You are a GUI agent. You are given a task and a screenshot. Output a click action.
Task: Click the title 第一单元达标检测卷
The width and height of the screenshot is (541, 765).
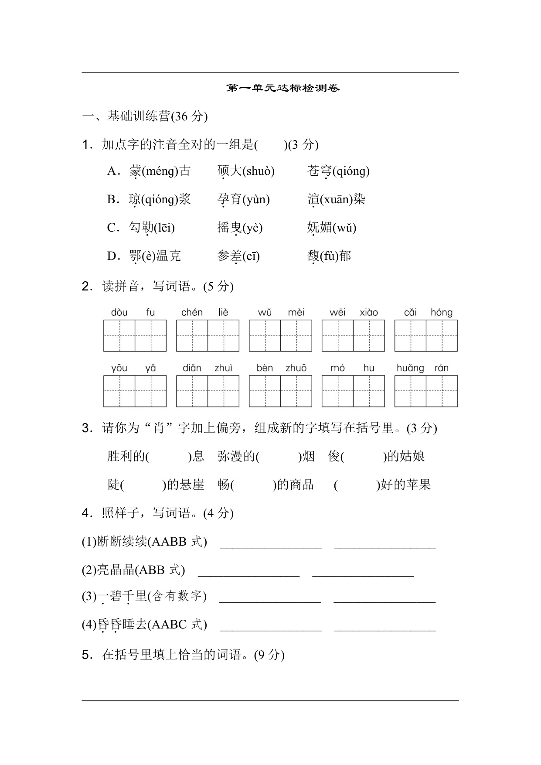[283, 88]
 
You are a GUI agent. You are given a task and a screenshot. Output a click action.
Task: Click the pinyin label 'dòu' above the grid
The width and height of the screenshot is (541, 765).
[119, 312]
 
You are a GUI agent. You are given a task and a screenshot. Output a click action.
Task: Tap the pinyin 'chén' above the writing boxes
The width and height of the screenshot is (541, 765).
[192, 312]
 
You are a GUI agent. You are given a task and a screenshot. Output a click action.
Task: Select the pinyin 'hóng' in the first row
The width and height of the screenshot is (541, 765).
[441, 312]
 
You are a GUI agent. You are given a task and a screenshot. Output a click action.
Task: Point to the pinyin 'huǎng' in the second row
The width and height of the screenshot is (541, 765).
[410, 368]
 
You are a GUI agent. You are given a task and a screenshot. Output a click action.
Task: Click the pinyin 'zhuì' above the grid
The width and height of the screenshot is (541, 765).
[223, 368]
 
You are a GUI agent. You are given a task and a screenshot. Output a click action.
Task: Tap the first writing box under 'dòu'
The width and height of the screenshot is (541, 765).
[119, 335]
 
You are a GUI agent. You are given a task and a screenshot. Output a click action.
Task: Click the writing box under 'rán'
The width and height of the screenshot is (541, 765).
[442, 391]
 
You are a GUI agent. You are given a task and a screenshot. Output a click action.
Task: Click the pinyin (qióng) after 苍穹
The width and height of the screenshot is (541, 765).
[351, 171]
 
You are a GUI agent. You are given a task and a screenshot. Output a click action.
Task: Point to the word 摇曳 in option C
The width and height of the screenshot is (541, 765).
[229, 227]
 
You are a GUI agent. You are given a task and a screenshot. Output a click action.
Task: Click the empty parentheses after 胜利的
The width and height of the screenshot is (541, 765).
[169, 457]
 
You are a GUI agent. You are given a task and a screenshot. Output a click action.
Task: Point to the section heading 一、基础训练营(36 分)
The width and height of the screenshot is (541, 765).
[145, 116]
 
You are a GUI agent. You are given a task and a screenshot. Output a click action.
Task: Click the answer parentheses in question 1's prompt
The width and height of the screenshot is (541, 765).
[271, 145]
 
